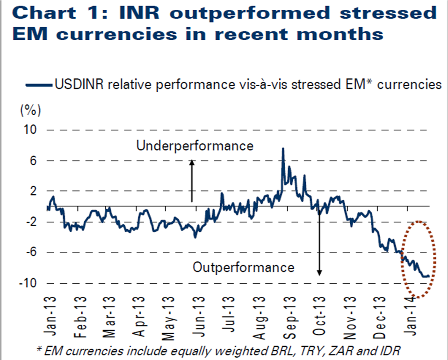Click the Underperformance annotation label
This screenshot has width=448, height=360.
pos(195,146)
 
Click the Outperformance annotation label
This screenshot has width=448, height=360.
pos(244,267)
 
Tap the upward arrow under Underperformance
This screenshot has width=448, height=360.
pos(191,180)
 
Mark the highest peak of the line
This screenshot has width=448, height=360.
pos(283,148)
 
